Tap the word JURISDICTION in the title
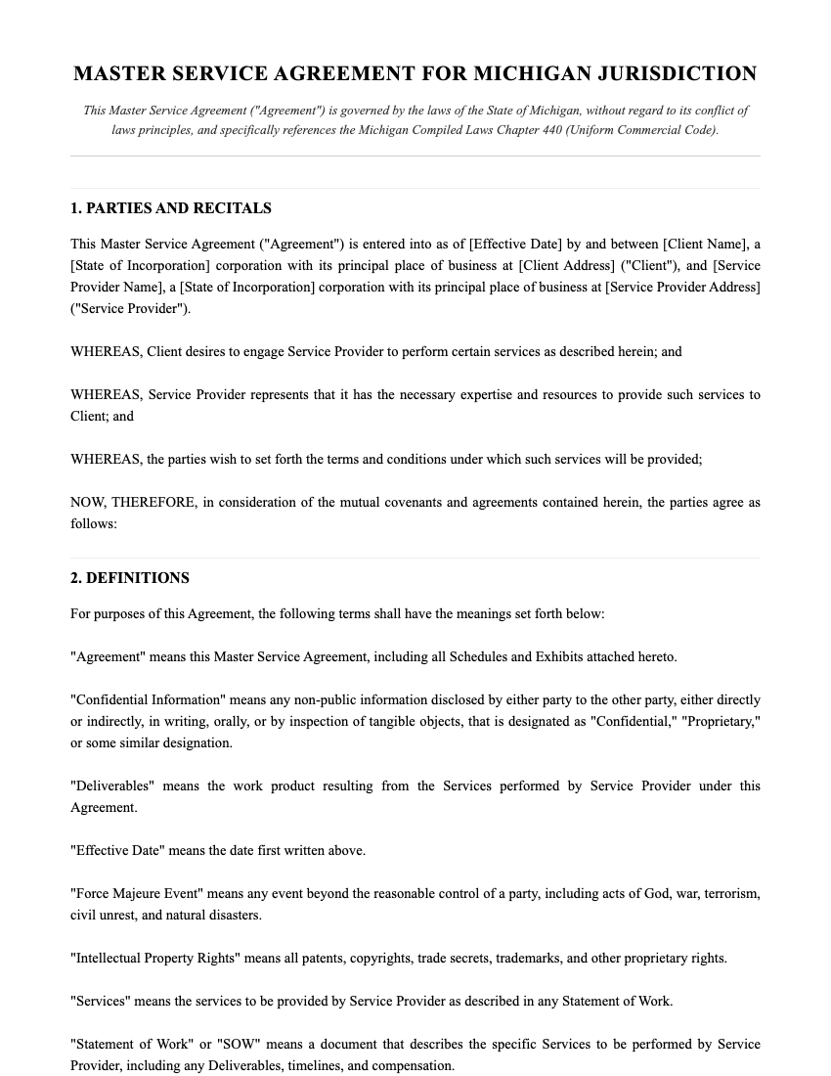pos(677,74)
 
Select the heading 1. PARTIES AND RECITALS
pos(171,208)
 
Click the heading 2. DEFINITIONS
pos(130,578)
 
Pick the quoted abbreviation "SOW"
pos(223,1044)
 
